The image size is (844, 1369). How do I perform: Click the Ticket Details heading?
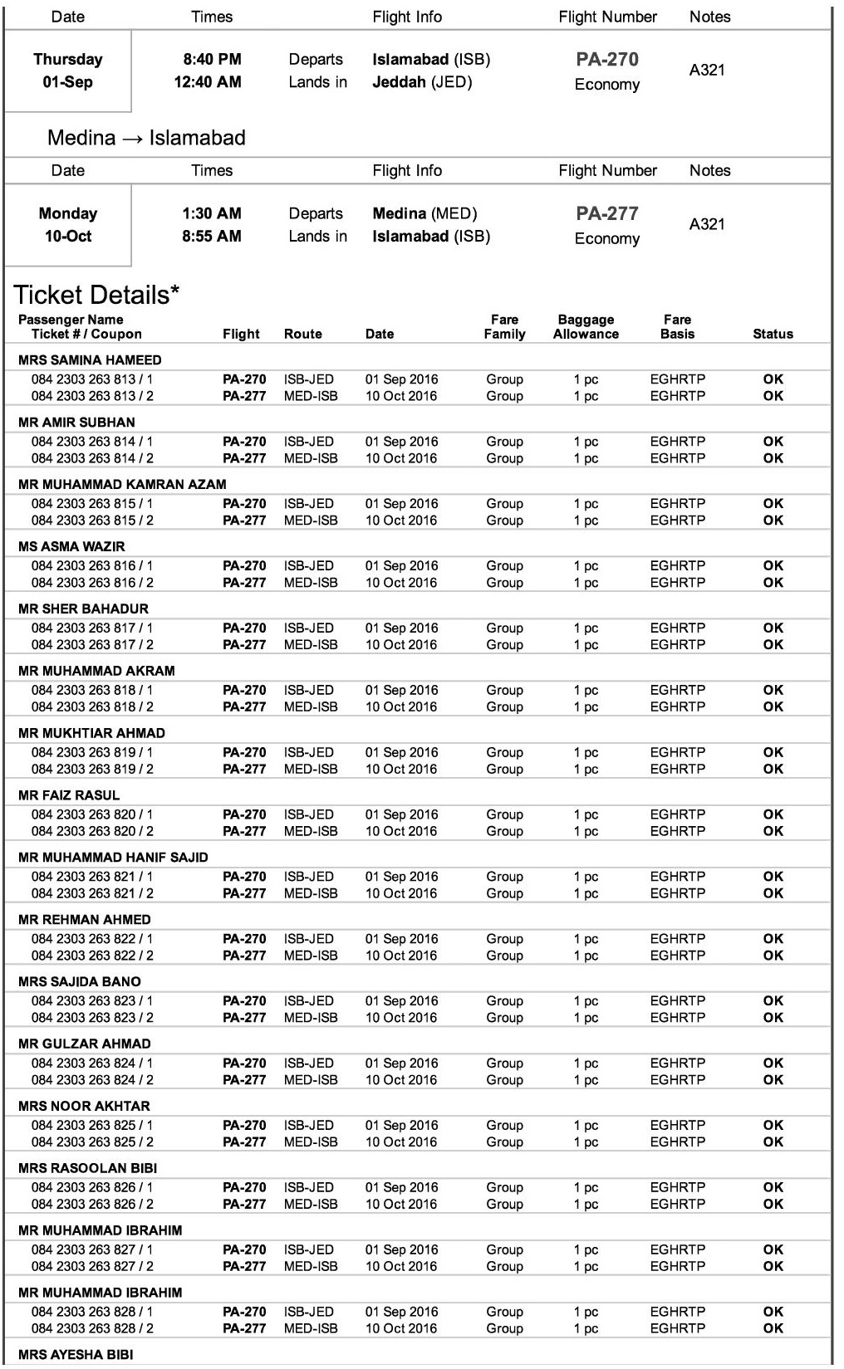[96, 295]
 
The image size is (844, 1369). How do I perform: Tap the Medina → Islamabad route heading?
[146, 138]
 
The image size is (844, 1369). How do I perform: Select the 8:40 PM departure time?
[212, 60]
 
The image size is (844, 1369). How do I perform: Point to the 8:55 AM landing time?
[212, 237]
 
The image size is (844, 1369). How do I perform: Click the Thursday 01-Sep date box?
[68, 71]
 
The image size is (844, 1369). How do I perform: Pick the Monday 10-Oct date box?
[68, 225]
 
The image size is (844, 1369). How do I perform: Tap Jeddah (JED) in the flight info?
[422, 82]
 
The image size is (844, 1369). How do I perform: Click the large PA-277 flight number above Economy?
[607, 213]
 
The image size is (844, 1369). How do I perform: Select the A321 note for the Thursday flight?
[707, 71]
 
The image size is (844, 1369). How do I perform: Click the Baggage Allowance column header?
[586, 327]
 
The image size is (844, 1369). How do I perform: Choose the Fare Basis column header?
[677, 327]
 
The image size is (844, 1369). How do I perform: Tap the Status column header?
[773, 334]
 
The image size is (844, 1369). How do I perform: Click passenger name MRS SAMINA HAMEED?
[90, 360]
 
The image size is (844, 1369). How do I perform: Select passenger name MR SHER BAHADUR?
[83, 609]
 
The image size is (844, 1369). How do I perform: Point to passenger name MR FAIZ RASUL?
[69, 795]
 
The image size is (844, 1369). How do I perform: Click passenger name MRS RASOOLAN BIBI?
[87, 1168]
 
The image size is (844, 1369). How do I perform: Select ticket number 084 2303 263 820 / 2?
[92, 831]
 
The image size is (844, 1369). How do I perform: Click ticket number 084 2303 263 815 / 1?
[92, 504]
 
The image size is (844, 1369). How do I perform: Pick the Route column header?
[302, 334]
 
